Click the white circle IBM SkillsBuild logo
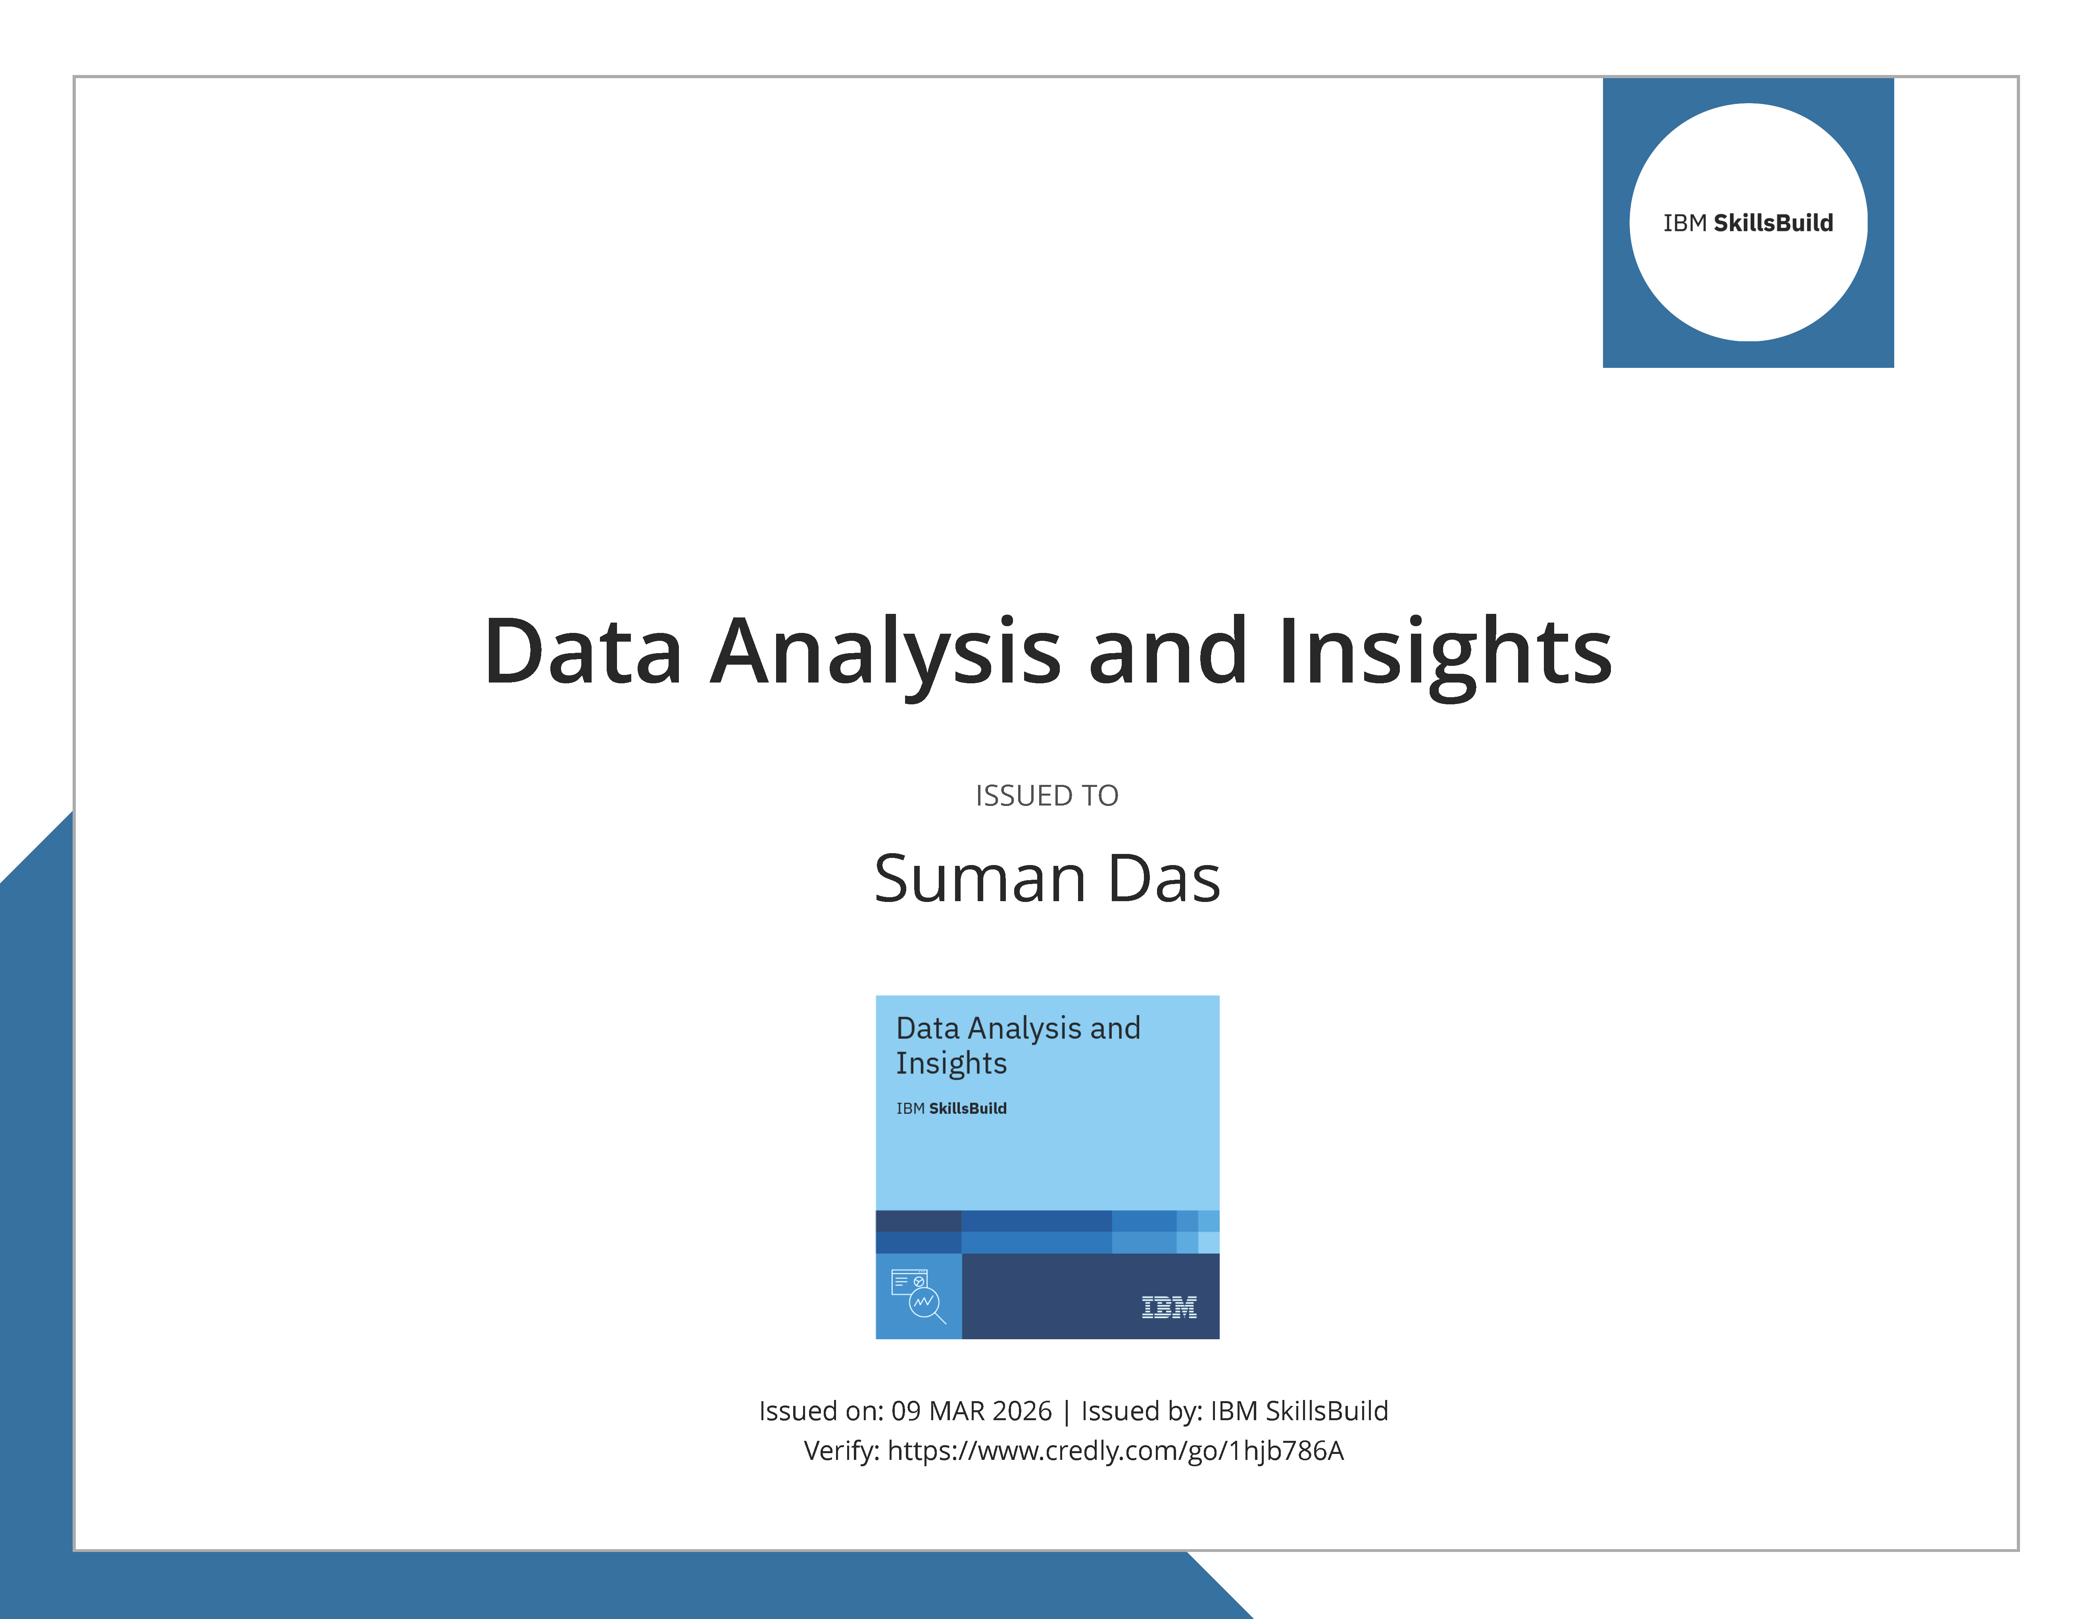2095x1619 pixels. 1748,223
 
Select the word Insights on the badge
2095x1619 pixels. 951,1064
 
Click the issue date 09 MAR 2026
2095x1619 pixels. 971,1411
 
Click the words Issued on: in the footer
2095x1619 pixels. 820,1411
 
